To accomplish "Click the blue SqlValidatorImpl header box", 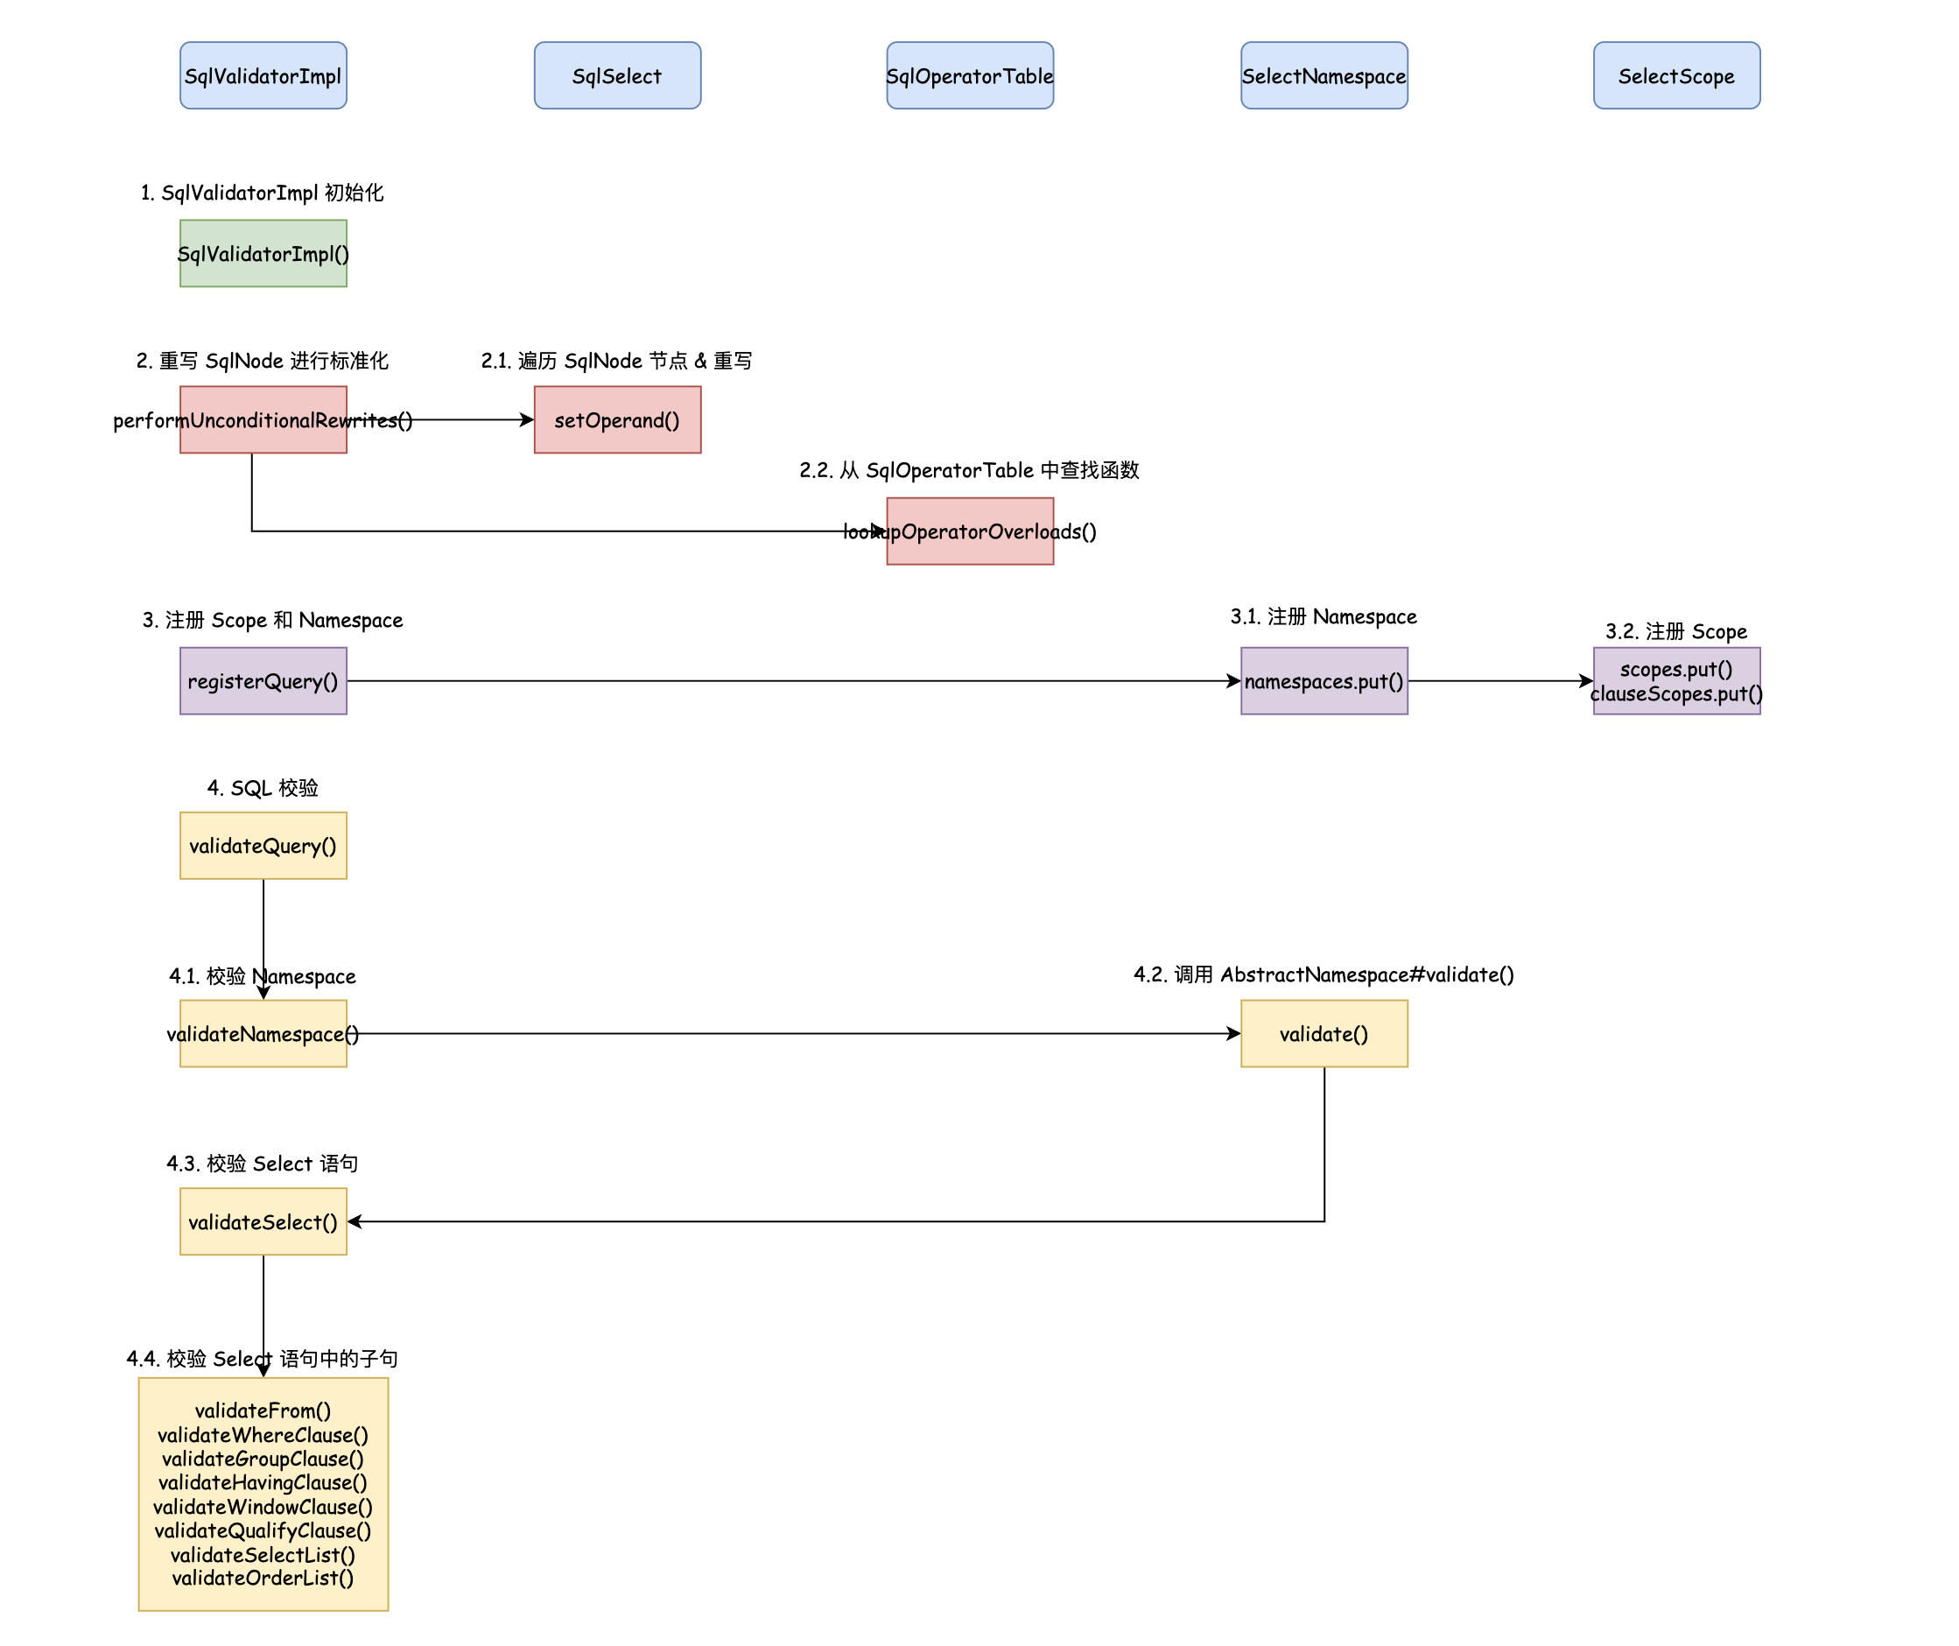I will click(x=263, y=75).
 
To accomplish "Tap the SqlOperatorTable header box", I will click(x=969, y=75).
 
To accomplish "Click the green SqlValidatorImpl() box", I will click(x=263, y=254).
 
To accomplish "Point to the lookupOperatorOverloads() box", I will click(x=969, y=531).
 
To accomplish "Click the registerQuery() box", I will click(x=263, y=681).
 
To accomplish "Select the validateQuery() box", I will click(x=263, y=846).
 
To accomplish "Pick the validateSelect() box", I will click(x=263, y=1221).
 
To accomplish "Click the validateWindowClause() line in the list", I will click(x=263, y=1507).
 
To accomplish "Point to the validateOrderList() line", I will click(x=263, y=1578).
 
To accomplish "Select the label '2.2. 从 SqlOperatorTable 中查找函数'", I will click(x=969, y=470).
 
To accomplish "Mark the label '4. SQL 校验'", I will click(x=263, y=789).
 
